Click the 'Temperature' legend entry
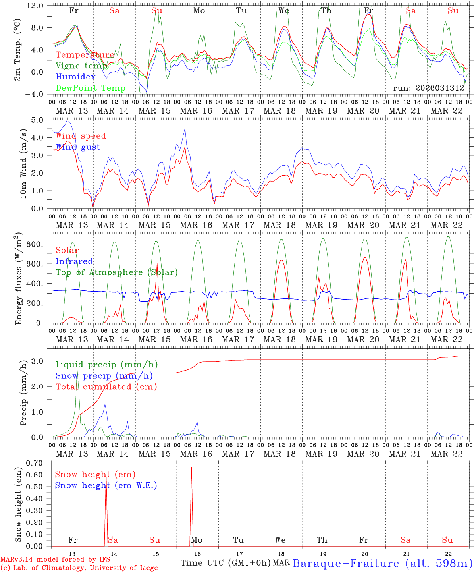tap(85, 55)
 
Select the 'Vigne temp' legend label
tap(81, 66)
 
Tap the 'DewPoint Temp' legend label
tap(91, 88)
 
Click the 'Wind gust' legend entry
tap(78, 147)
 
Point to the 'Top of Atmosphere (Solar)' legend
tap(117, 272)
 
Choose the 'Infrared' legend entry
tap(74, 261)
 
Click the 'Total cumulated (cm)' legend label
tap(106, 386)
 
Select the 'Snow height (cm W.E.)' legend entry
tap(106, 485)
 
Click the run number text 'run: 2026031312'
tap(428, 88)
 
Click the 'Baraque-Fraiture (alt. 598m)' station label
tap(382, 563)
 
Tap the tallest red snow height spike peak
tap(191, 468)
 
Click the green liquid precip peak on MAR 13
tap(77, 369)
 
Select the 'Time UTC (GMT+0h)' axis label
tap(225, 563)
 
